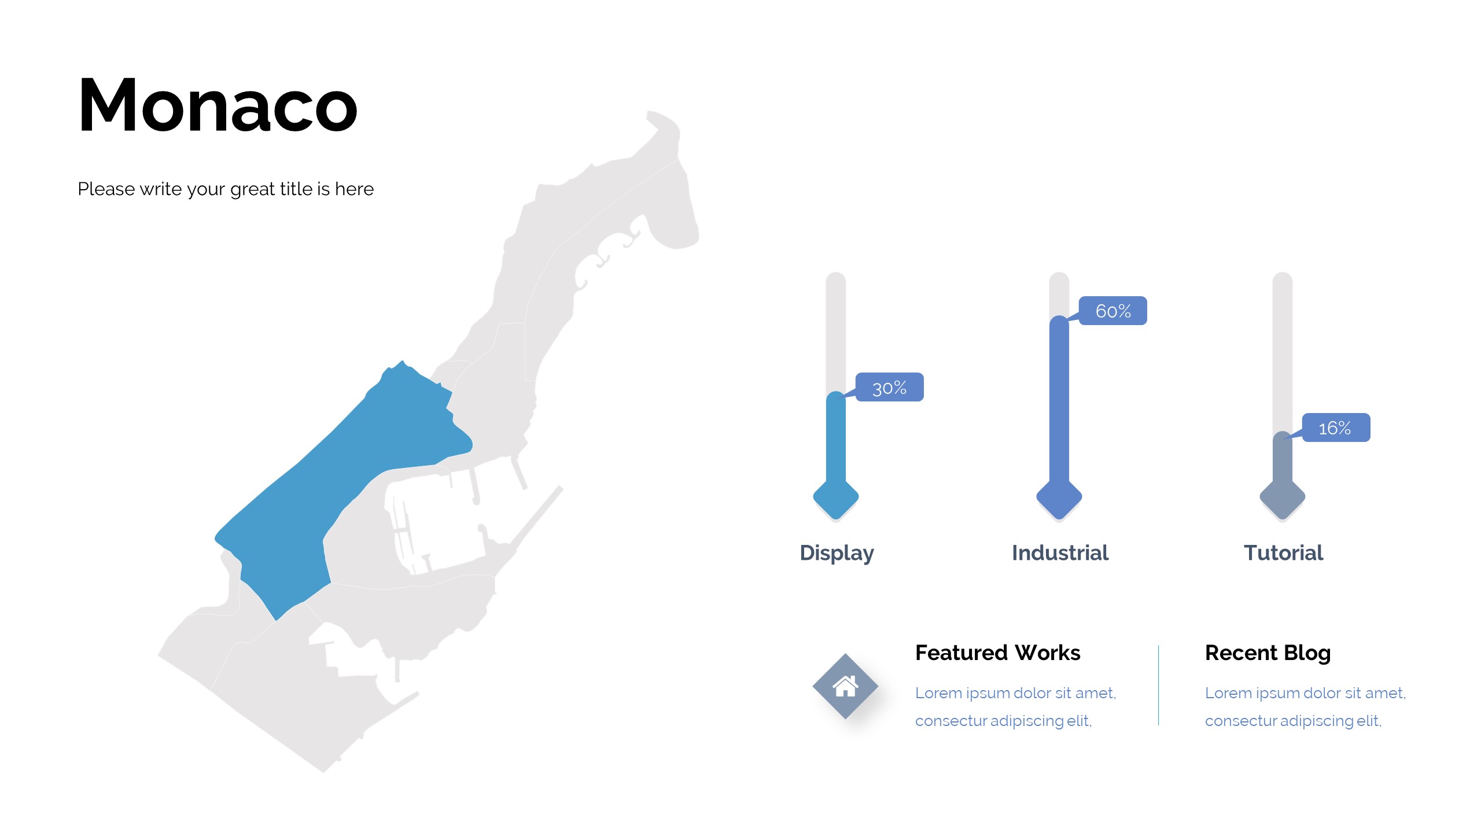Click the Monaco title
218,105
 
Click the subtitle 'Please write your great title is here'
226,189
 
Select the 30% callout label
890,387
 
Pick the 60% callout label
1113,311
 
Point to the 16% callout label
1336,427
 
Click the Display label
837,553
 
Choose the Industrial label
1060,553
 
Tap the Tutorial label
1283,553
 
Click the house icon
845,687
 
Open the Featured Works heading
997,653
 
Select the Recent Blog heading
1268,653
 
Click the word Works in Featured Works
1048,653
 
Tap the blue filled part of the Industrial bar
1059,405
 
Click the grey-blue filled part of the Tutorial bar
1283,460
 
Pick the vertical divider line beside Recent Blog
1158,685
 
